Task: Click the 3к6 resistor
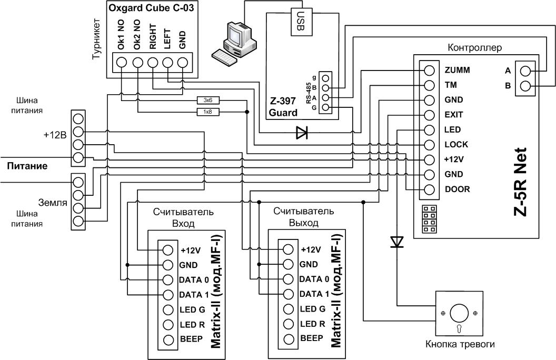click(208, 101)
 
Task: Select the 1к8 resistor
click(208, 112)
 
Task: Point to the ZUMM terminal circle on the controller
click(429, 71)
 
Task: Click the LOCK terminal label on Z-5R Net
click(456, 145)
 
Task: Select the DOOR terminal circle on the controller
click(429, 189)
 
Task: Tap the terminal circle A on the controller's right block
click(525, 71)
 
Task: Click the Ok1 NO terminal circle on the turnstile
click(121, 62)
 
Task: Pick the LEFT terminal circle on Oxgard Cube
click(167, 62)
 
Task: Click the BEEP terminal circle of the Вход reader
click(168, 339)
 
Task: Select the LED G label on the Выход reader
click(312, 309)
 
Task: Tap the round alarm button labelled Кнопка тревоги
click(459, 313)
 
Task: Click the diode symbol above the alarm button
click(397, 242)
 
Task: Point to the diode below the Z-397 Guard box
click(302, 133)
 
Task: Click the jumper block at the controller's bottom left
click(430, 219)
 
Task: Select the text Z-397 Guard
click(283, 107)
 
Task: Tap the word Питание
click(27, 166)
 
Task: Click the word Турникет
click(96, 39)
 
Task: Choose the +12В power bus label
click(55, 135)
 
